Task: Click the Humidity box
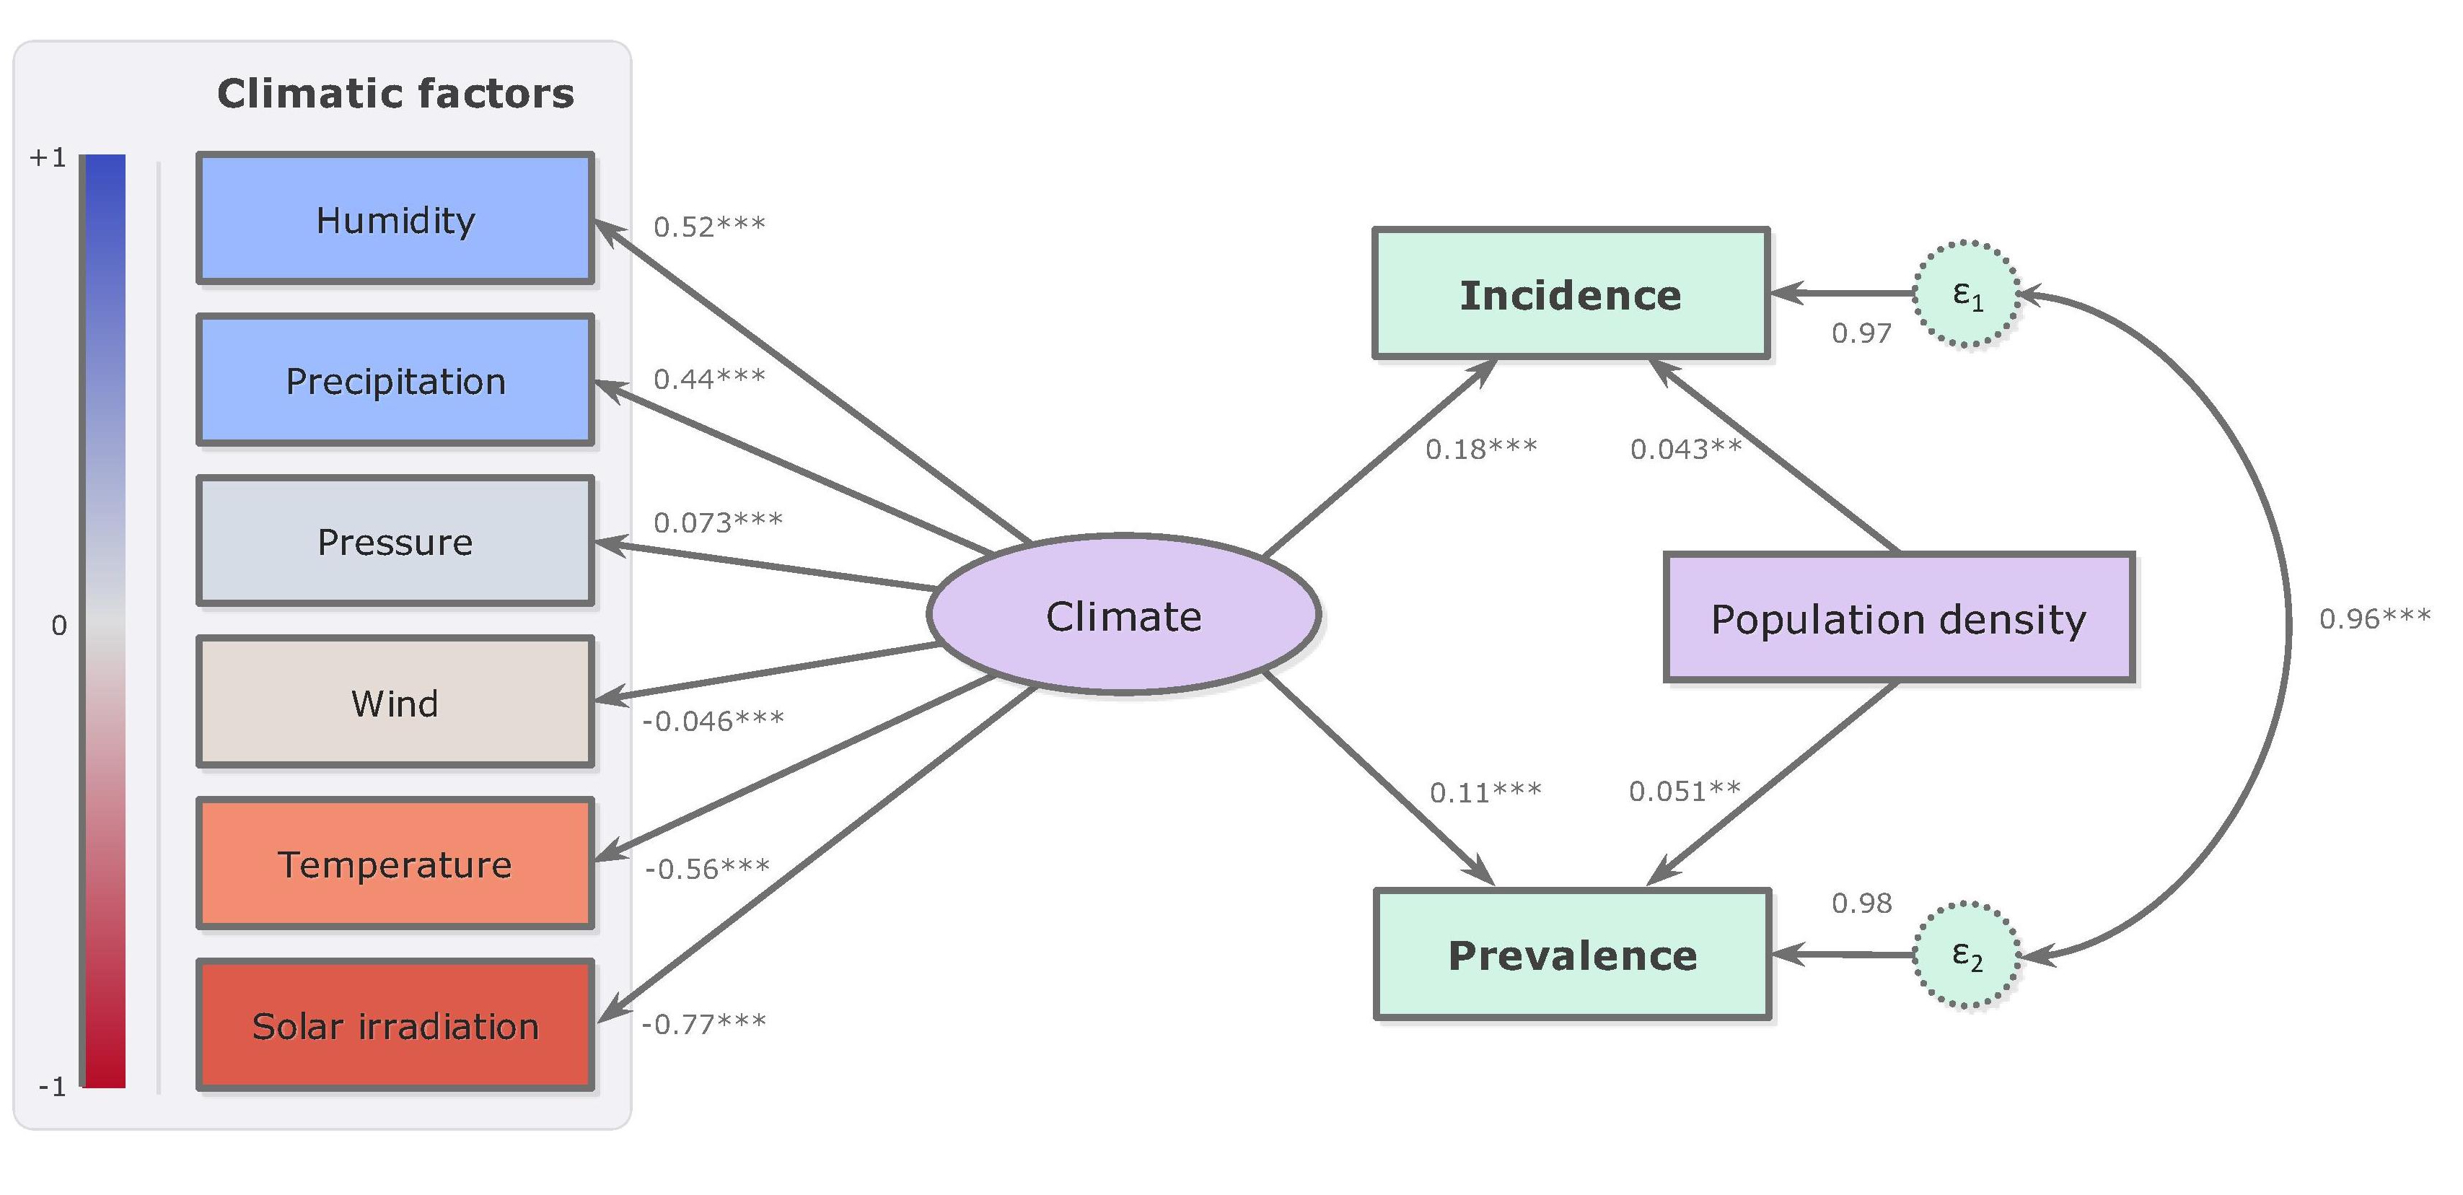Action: pos(395,219)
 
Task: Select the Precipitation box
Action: pos(395,380)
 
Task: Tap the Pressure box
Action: pos(395,541)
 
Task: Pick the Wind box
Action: pos(395,703)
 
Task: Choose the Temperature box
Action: pos(395,863)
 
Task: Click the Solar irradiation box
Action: pos(395,1025)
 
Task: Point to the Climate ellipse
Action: pos(1123,615)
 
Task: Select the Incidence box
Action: pos(1570,294)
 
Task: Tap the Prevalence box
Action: pos(1572,955)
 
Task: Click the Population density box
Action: pos(1899,618)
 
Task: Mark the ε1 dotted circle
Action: pos(1966,294)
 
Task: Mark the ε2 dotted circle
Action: pos(1966,954)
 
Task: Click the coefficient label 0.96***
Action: pos(2374,618)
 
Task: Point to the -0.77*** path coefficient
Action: pos(703,1024)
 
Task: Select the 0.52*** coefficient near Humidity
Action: pos(708,226)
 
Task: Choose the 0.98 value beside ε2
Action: pos(1861,903)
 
